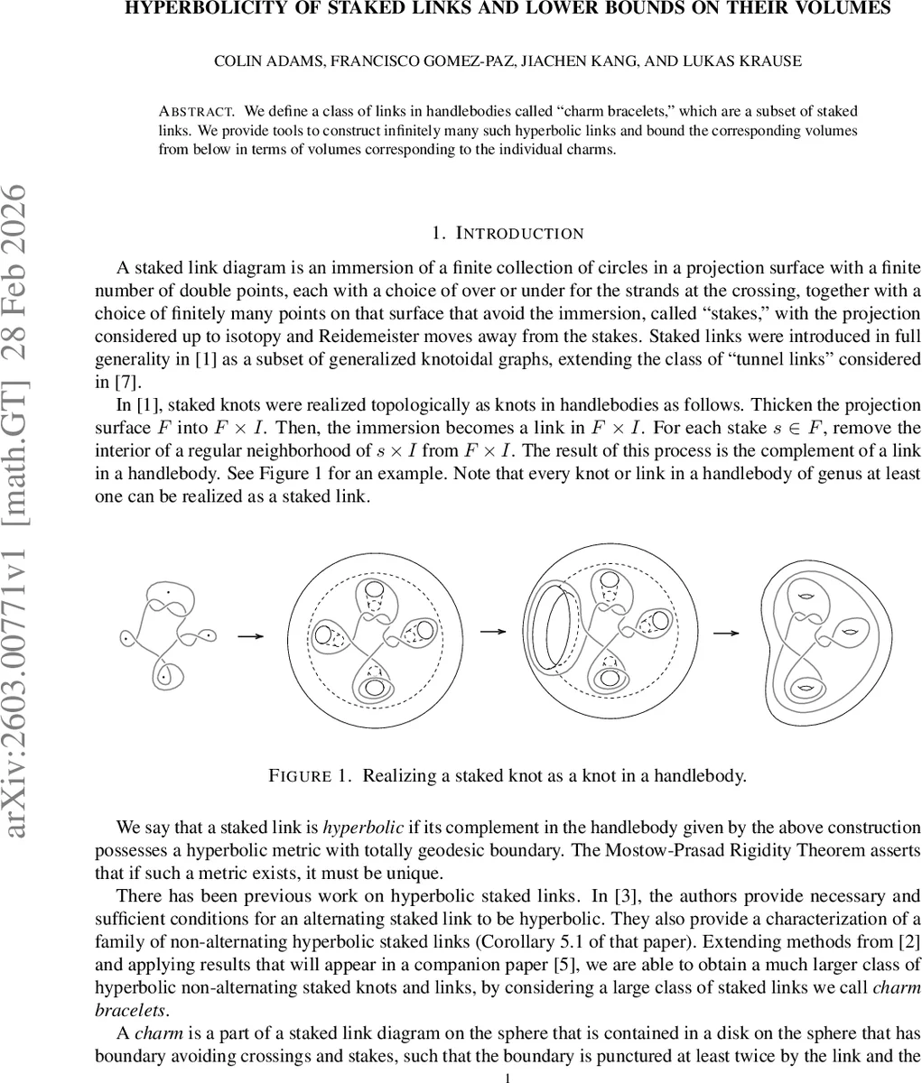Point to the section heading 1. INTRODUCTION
pyautogui.click(x=508, y=234)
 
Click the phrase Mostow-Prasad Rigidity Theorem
pyautogui.click(x=731, y=850)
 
